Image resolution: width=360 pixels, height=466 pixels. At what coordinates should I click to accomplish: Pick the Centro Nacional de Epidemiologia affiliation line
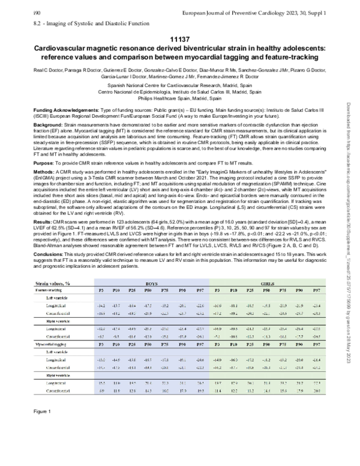pyautogui.click(x=180, y=91)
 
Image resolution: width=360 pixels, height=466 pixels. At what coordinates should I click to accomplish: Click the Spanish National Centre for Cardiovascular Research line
pyautogui.click(x=180, y=85)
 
